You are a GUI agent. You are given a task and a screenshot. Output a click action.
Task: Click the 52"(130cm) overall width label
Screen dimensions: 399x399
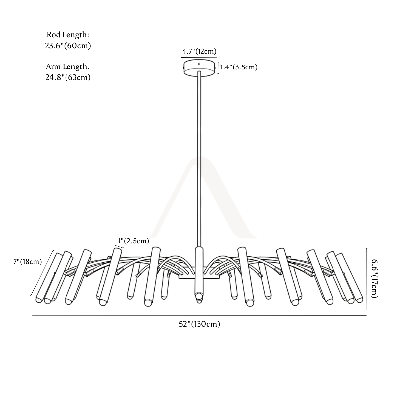199,324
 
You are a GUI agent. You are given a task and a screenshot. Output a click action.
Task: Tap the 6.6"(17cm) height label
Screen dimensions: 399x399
375,279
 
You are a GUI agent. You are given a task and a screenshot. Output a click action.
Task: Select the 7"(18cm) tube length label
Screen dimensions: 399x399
28,262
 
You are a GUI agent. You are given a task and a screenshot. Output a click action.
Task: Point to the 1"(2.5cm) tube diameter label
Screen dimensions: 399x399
133,241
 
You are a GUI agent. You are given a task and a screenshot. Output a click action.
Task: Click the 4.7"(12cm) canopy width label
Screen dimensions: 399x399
199,51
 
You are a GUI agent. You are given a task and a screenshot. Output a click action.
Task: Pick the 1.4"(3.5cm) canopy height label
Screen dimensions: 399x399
239,67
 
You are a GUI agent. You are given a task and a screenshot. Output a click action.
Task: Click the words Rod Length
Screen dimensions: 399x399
68,35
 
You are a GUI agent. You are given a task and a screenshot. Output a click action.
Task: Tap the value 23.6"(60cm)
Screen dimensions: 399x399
68,46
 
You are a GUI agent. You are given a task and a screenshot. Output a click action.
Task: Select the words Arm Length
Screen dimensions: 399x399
68,66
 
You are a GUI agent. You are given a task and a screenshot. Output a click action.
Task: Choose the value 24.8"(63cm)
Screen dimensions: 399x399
68,77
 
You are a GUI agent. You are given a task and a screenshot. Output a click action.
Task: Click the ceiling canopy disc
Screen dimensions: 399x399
199,68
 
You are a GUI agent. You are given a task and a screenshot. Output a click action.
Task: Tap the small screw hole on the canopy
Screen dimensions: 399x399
199,64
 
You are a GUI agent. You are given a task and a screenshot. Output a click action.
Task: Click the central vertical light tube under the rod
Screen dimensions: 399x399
199,272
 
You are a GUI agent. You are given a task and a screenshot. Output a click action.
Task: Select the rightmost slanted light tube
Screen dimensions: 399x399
349,278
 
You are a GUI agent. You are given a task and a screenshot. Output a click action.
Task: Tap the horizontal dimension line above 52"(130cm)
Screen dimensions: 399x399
199,315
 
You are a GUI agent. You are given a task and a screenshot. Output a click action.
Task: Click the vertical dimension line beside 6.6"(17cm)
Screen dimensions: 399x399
367,279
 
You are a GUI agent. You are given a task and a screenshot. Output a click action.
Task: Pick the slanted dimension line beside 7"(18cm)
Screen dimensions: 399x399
42,273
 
